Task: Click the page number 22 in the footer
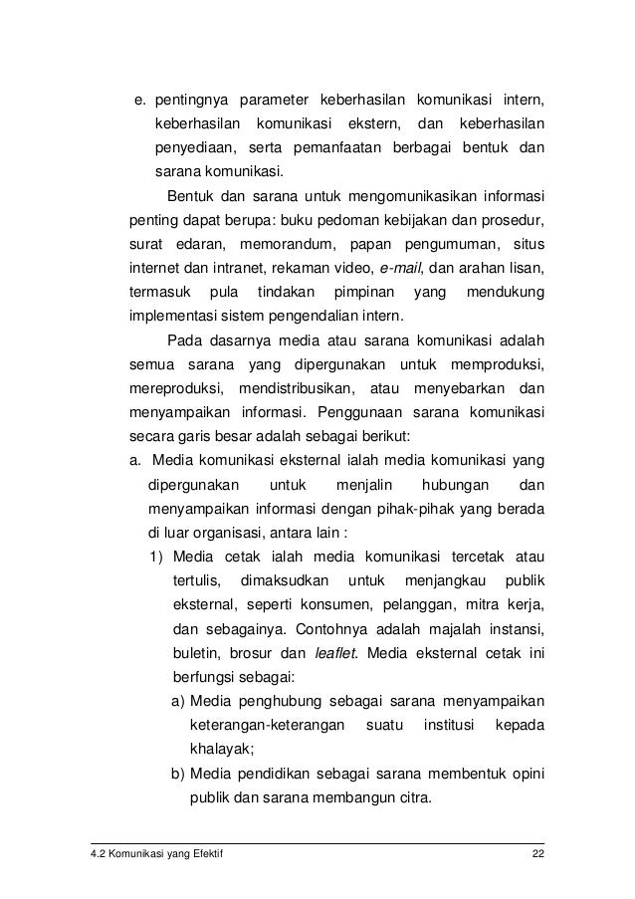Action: pos(537,854)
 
